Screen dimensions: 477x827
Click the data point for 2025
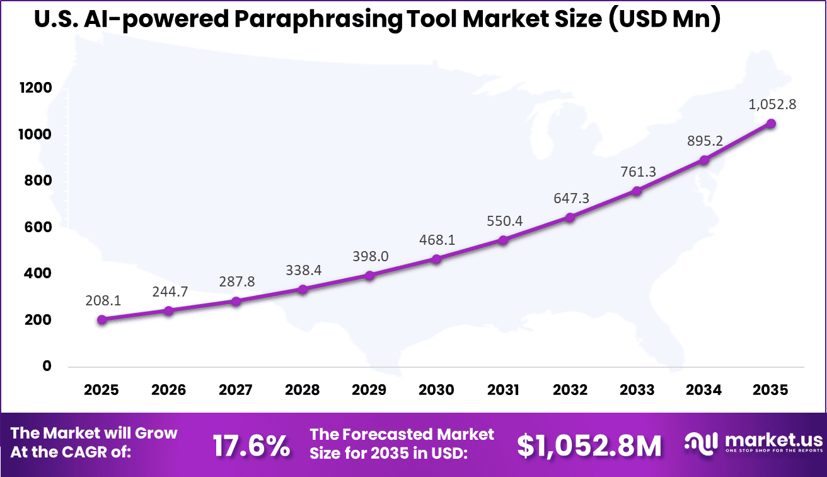[x=102, y=320]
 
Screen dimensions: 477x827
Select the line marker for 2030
[x=436, y=259]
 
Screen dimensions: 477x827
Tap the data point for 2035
[x=771, y=124]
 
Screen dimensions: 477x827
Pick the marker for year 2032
[x=570, y=218]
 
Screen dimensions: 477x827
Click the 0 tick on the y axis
[x=47, y=367]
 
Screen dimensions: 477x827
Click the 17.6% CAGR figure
[x=251, y=446]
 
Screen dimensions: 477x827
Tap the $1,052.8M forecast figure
[x=589, y=446]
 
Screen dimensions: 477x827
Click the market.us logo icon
[x=701, y=442]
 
